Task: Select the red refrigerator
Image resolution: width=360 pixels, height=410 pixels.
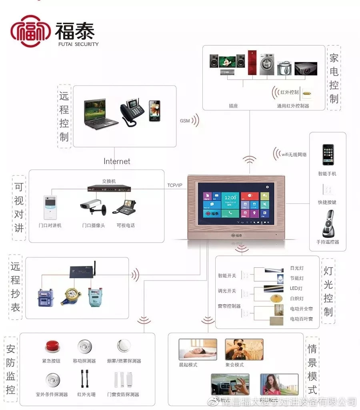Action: click(x=252, y=63)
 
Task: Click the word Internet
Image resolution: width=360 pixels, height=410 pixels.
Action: click(x=117, y=161)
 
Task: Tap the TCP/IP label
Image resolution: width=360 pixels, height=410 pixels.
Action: click(x=175, y=185)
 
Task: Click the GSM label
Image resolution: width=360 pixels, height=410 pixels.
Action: click(x=185, y=121)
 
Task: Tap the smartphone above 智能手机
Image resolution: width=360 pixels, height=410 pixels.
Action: click(x=328, y=155)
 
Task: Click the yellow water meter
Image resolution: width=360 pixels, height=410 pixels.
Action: click(x=71, y=296)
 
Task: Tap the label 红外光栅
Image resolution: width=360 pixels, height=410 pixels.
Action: click(x=85, y=394)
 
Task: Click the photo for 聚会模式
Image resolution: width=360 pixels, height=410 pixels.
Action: click(x=244, y=350)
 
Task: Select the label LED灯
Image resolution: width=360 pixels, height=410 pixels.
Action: click(x=296, y=288)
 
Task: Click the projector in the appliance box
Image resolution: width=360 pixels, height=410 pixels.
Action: click(x=306, y=68)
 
